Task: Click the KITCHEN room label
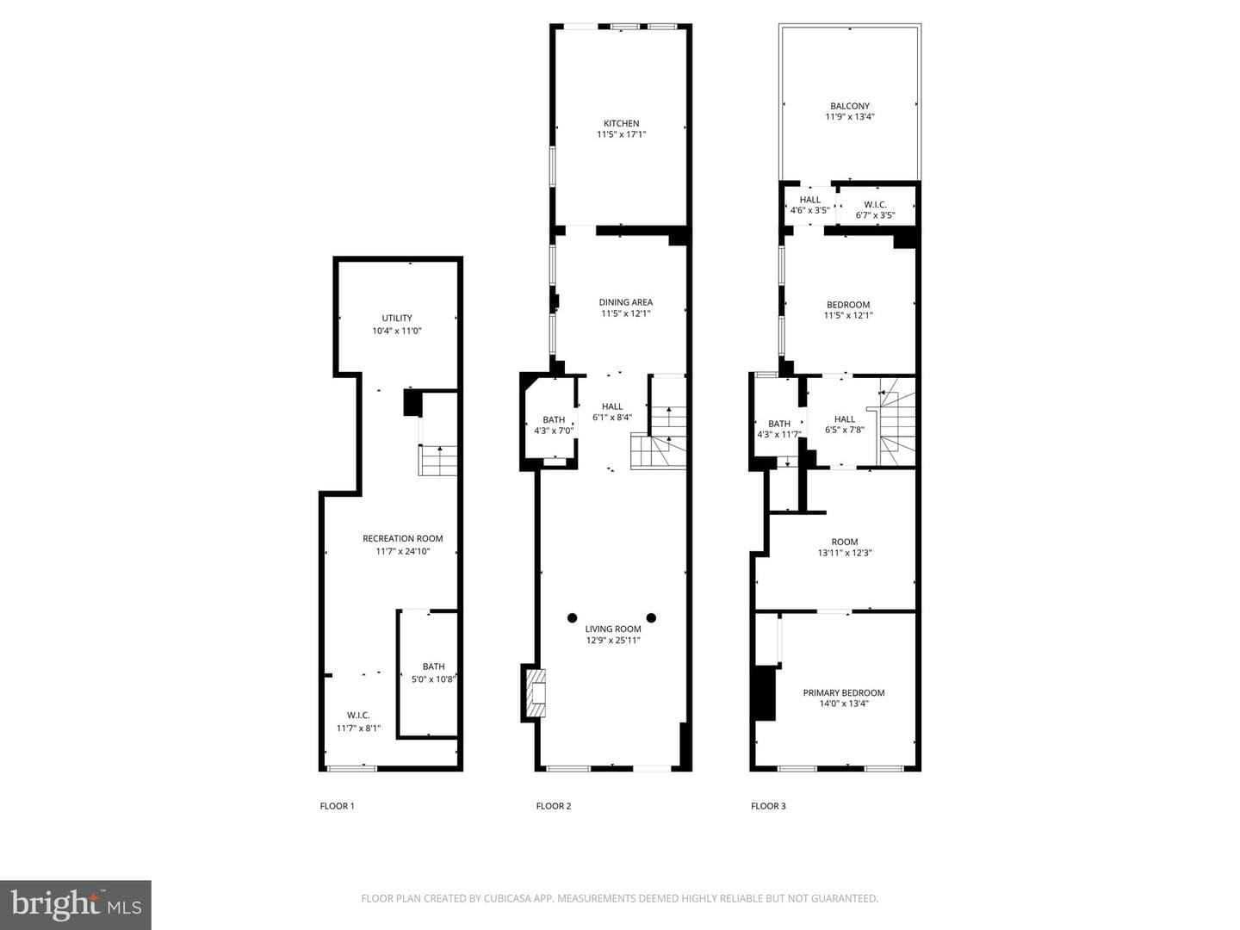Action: click(x=621, y=123)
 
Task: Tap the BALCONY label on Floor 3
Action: click(x=850, y=106)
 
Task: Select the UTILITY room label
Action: click(x=397, y=318)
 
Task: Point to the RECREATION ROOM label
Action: click(x=402, y=538)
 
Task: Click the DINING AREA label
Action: click(x=625, y=302)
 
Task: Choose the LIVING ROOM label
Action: click(x=613, y=629)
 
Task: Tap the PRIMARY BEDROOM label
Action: click(x=843, y=692)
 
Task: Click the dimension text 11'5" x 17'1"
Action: click(x=621, y=134)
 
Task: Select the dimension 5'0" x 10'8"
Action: click(x=433, y=679)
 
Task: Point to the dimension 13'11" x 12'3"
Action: click(x=845, y=553)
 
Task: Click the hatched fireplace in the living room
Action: click(x=536, y=693)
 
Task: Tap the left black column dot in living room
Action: click(x=573, y=617)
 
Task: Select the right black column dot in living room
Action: click(x=651, y=617)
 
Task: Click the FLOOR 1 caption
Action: click(x=337, y=806)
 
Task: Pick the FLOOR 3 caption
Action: click(x=768, y=806)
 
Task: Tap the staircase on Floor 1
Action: click(x=437, y=460)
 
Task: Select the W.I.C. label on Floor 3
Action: click(x=875, y=204)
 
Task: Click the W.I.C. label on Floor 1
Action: click(x=358, y=715)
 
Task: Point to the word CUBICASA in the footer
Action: click(x=505, y=898)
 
